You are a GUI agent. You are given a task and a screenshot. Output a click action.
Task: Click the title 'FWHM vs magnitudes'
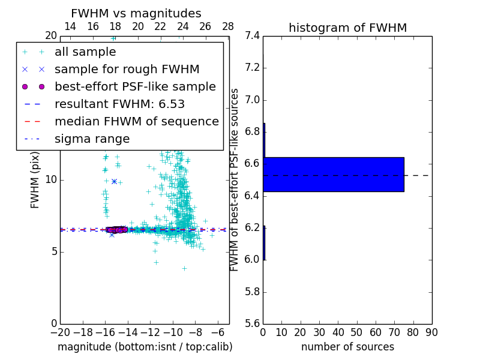(x=136, y=13)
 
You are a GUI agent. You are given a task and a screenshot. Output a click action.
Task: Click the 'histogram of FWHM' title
(x=347, y=28)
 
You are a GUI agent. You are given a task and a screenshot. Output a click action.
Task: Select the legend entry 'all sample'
(x=85, y=52)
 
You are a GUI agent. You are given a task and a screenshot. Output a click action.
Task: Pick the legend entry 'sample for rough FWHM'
(x=127, y=70)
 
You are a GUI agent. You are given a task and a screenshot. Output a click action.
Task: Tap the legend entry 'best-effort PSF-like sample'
(x=135, y=87)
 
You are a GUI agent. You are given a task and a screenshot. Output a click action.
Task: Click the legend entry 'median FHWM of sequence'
(x=136, y=122)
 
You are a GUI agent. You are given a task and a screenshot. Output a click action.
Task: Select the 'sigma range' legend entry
(x=92, y=139)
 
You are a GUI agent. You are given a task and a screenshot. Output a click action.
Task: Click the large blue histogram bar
(x=334, y=175)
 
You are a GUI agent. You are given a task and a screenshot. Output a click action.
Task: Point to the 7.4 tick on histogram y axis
(x=253, y=35)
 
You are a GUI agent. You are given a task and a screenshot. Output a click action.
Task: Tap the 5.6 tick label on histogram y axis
(x=253, y=324)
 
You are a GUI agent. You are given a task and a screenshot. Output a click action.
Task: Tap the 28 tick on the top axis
(x=228, y=26)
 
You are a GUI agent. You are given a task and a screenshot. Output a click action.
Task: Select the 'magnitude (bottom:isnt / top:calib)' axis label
(x=145, y=347)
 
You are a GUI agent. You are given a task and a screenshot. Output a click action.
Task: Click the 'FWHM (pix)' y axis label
(x=35, y=179)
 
